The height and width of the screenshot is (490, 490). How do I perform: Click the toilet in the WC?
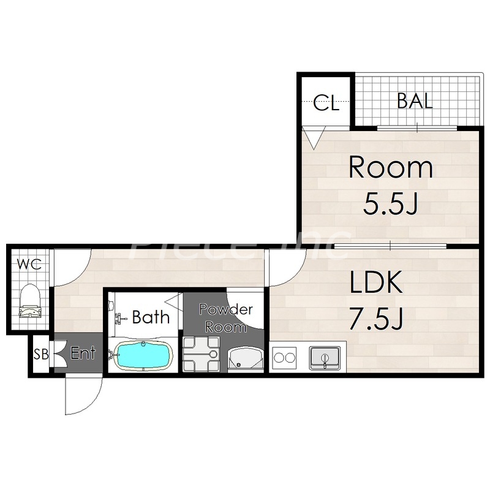[30, 301]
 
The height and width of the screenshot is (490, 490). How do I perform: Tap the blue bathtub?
[143, 356]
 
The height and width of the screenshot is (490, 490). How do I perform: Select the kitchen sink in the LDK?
[325, 358]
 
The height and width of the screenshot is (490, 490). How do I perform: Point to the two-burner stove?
[284, 357]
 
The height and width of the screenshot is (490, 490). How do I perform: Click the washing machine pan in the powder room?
[201, 354]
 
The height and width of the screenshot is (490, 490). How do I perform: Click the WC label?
[29, 265]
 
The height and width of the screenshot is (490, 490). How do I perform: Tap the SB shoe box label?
[41, 354]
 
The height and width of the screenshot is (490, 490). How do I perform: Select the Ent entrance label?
[83, 353]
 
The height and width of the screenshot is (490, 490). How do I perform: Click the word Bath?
[151, 317]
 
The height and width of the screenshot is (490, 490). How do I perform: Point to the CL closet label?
[326, 103]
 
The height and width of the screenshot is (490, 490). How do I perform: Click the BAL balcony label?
[415, 100]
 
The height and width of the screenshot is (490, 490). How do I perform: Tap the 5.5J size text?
[390, 203]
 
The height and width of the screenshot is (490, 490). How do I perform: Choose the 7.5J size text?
[377, 318]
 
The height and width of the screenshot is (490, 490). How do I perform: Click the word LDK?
[375, 282]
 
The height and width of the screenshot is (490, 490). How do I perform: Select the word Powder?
[226, 309]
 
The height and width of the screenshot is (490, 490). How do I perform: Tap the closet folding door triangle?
[314, 138]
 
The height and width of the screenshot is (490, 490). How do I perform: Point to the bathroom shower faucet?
[119, 318]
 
